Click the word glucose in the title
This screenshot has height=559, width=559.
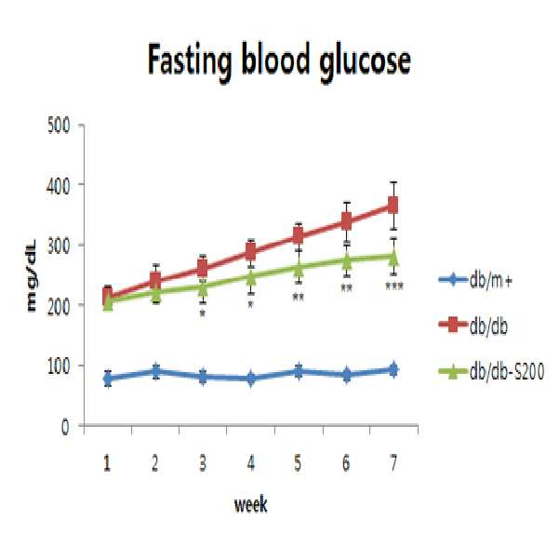point(365,63)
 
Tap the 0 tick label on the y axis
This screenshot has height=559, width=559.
point(65,426)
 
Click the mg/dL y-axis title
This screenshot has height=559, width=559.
point(32,275)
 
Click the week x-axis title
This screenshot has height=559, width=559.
point(250,504)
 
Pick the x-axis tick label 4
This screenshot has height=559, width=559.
point(251,463)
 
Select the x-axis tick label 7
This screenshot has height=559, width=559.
point(393,463)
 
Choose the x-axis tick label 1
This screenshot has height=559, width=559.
point(107,463)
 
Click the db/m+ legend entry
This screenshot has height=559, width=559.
point(475,280)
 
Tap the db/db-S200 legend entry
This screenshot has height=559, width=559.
point(491,372)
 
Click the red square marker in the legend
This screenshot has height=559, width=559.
point(452,325)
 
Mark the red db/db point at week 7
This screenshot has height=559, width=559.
point(393,206)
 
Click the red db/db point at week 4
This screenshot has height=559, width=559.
point(251,252)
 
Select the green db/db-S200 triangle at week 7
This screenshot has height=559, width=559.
point(393,257)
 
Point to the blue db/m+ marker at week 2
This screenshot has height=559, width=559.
point(155,371)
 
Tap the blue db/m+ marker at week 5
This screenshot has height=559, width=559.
point(299,371)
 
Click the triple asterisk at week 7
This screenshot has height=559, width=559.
point(394,286)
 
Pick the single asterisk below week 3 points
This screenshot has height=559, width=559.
point(203,313)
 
